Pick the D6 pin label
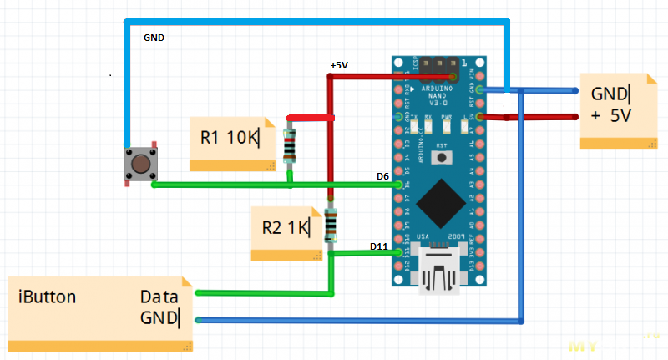382,176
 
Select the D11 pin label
378,246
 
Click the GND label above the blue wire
154,38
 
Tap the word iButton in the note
48,297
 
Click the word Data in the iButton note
159,297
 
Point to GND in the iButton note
159,317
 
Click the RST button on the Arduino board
441,156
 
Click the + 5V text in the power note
610,116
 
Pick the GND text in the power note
610,93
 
